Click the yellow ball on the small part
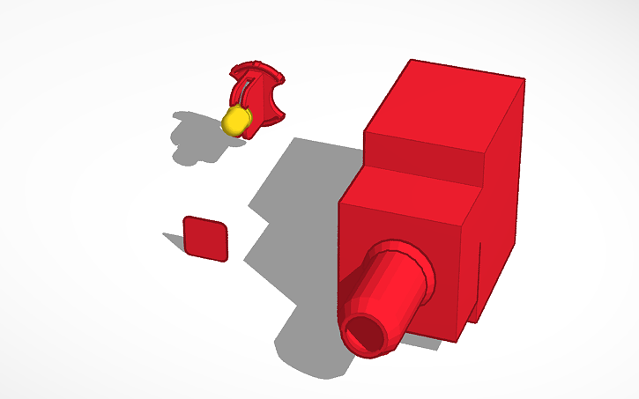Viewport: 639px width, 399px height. coord(235,121)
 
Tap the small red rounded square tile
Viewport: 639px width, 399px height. coord(205,238)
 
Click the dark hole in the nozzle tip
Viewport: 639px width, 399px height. coord(363,334)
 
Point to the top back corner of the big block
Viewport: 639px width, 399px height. coord(412,61)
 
